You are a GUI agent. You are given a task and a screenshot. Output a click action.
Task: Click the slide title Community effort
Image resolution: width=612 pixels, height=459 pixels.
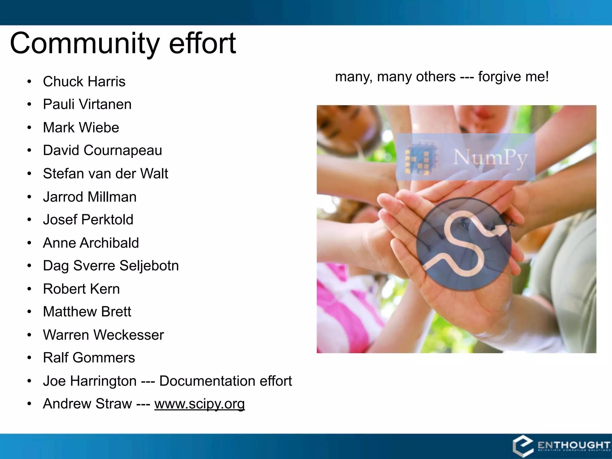[x=123, y=44]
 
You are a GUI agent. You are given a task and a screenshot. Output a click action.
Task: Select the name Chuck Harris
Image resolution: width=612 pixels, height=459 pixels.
[x=84, y=82]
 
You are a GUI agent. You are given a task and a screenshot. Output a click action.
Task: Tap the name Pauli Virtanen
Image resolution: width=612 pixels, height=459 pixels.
[x=87, y=104]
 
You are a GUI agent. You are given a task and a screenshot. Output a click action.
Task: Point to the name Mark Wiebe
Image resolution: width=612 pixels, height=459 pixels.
[x=81, y=128]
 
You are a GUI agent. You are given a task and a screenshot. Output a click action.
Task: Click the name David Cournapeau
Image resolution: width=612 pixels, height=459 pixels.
[x=102, y=150]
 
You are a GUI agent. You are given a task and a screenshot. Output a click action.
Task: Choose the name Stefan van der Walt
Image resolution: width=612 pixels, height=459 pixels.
[x=105, y=174]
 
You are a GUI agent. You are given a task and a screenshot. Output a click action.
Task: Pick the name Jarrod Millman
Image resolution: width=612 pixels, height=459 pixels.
[x=90, y=197]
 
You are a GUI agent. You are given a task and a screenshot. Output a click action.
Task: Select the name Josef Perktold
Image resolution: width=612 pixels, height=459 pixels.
[x=88, y=220]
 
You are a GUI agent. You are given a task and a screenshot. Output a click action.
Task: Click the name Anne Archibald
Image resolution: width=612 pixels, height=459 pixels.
[x=91, y=243]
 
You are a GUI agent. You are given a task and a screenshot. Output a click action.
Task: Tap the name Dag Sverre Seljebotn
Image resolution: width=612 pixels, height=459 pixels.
[x=111, y=266]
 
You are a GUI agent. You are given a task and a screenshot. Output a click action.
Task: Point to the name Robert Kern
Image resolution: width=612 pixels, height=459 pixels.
[x=81, y=289]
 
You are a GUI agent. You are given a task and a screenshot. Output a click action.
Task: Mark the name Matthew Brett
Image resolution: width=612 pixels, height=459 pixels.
[x=87, y=312]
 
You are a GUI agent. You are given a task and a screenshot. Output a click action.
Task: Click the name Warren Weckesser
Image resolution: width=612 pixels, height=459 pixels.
[x=103, y=335]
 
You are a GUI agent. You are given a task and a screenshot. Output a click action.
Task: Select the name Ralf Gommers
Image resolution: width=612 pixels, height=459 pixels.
[x=89, y=358]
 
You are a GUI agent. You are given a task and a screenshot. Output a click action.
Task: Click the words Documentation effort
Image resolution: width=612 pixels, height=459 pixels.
[x=225, y=381]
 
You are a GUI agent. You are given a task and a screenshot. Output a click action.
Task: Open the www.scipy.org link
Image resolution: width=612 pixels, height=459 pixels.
[x=200, y=404]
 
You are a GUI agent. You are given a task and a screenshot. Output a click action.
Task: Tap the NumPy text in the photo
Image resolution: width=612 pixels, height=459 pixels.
[x=490, y=157]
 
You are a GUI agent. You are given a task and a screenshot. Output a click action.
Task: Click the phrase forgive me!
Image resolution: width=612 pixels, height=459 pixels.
[x=513, y=77]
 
